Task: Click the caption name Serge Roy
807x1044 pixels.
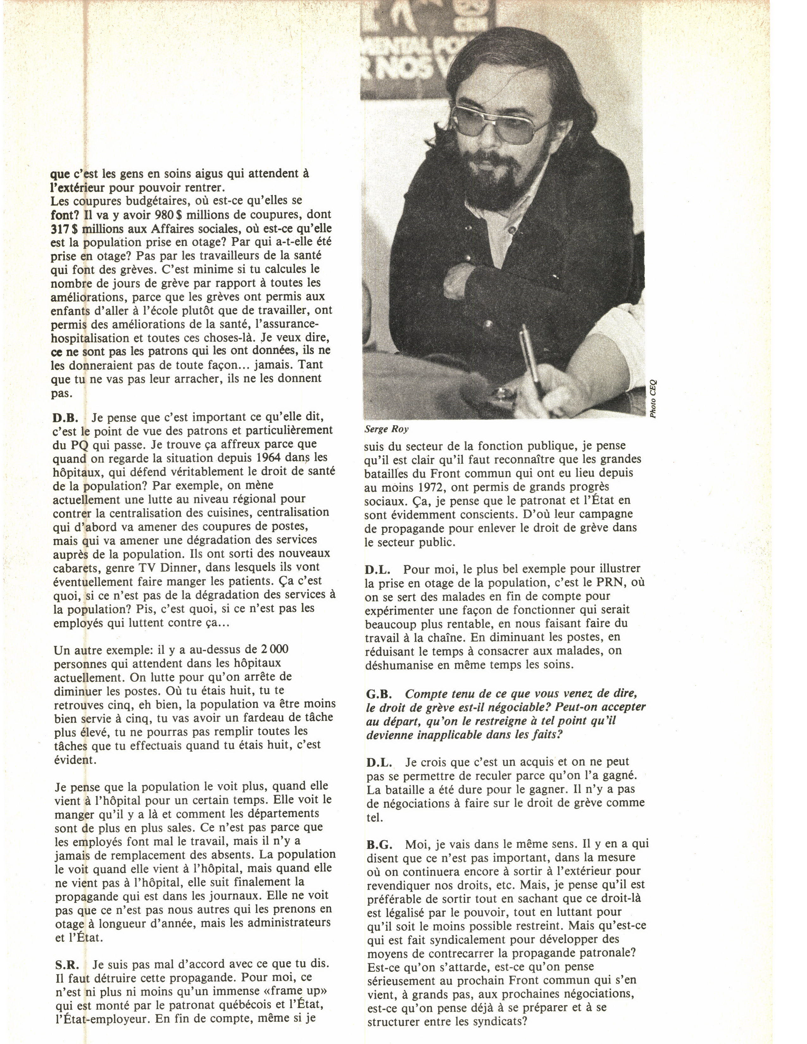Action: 386,429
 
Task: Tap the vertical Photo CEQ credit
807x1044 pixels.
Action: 653,398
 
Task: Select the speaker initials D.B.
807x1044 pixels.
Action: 65,417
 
